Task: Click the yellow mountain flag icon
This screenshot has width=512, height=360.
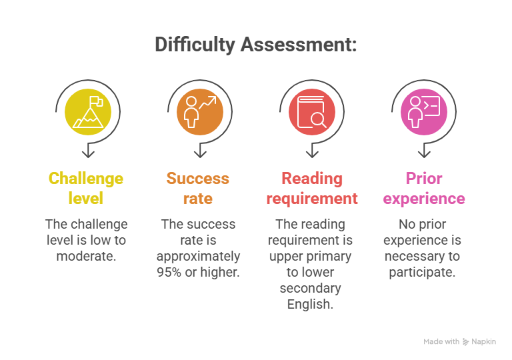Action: click(88, 111)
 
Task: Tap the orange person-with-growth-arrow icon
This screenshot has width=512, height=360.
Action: click(199, 111)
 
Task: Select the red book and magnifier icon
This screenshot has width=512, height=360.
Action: click(311, 111)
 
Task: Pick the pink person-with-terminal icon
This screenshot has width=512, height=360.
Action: click(424, 111)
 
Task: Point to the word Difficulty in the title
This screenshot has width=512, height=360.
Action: click(195, 45)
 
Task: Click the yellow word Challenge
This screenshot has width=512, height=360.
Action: click(86, 179)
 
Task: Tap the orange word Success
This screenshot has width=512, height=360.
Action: click(198, 179)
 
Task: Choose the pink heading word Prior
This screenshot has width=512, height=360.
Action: click(424, 179)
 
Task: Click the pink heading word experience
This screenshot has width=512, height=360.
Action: click(424, 199)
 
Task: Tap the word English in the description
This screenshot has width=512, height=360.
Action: click(311, 304)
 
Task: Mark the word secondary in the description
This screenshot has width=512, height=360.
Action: click(311, 288)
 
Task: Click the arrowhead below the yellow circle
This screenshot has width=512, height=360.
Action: click(88, 153)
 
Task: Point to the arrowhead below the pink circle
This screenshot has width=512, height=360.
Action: click(424, 153)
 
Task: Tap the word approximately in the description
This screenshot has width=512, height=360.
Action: click(198, 256)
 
